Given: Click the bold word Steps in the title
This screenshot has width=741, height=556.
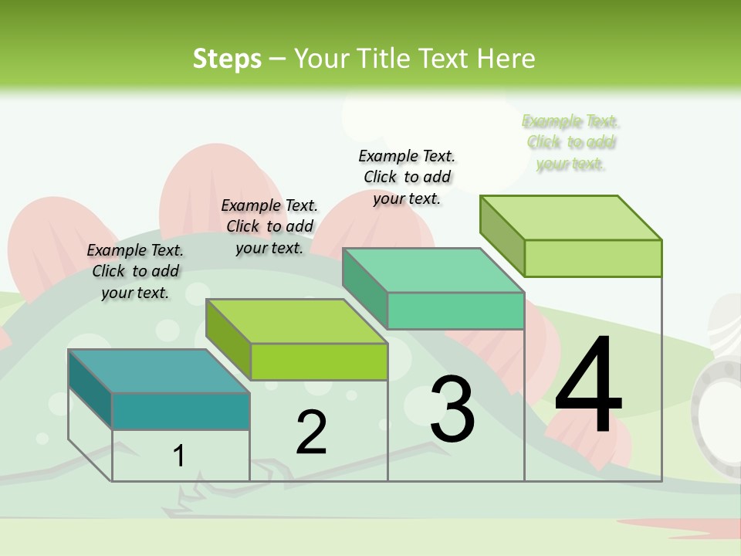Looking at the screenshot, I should coord(227,59).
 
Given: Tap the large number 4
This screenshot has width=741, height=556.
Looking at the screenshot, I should coord(588,386).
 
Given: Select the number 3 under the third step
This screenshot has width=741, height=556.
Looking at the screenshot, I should coord(452,410).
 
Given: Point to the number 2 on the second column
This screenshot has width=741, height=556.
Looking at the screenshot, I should coord(311,432).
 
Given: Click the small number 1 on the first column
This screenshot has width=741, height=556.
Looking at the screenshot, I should coord(179,456).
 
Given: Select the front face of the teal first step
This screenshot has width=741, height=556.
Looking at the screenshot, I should coord(181,411).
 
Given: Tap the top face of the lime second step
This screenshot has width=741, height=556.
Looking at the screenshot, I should coord(297,321).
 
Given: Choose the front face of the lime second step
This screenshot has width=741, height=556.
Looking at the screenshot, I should coord(319,361).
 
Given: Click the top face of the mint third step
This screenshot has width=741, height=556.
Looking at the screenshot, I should coord(434,270).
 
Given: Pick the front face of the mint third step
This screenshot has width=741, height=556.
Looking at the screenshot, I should coord(455,310).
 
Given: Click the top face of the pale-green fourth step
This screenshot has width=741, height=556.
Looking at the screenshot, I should coord(571,218).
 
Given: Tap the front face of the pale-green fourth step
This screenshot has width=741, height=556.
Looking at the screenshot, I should coord(593,258).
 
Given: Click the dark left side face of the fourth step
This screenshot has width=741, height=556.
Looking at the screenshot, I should coord(502,236).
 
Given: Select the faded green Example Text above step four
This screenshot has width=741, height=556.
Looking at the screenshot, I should coord(570,142).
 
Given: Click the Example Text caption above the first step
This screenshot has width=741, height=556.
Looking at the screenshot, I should coord(136,271).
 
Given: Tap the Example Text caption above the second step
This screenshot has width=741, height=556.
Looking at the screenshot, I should coord(269,226).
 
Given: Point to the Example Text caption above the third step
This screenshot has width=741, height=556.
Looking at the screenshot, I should coord(407,177).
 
